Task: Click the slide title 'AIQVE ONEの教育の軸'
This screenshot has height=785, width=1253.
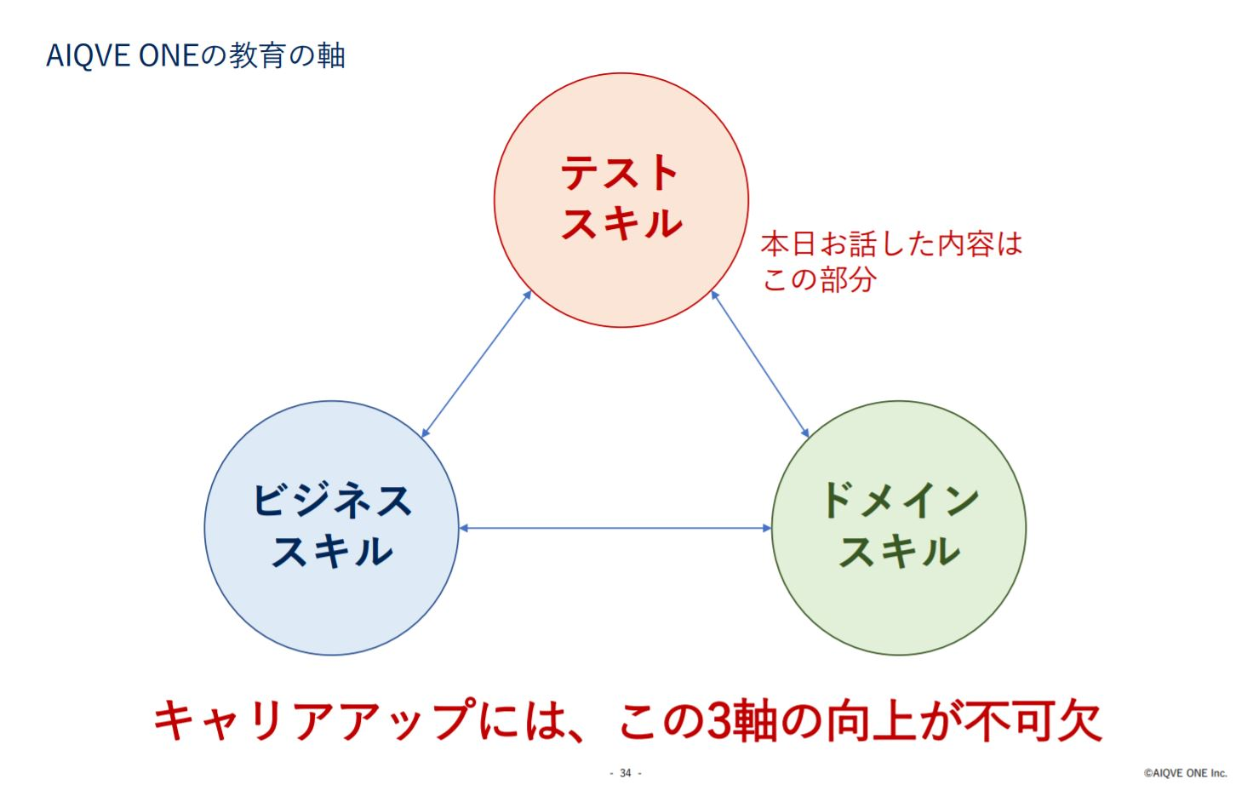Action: (x=195, y=56)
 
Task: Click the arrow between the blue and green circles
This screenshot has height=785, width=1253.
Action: (x=615, y=528)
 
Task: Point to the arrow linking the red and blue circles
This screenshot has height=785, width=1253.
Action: (x=476, y=364)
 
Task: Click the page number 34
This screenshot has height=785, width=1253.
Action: (x=626, y=773)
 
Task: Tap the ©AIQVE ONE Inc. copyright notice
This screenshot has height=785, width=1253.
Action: (x=1185, y=773)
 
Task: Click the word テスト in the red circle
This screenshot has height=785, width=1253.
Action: (x=620, y=172)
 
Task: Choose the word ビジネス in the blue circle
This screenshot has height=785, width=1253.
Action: (x=332, y=500)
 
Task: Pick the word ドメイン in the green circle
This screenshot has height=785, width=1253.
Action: (x=900, y=500)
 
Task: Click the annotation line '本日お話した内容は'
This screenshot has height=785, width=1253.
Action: (x=891, y=244)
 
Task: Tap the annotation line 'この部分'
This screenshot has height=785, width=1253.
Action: (x=819, y=279)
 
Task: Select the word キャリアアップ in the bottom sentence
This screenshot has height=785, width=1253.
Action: (x=315, y=720)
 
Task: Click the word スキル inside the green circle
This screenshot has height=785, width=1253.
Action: (x=900, y=552)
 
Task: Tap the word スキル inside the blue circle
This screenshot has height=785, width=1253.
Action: (x=332, y=552)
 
